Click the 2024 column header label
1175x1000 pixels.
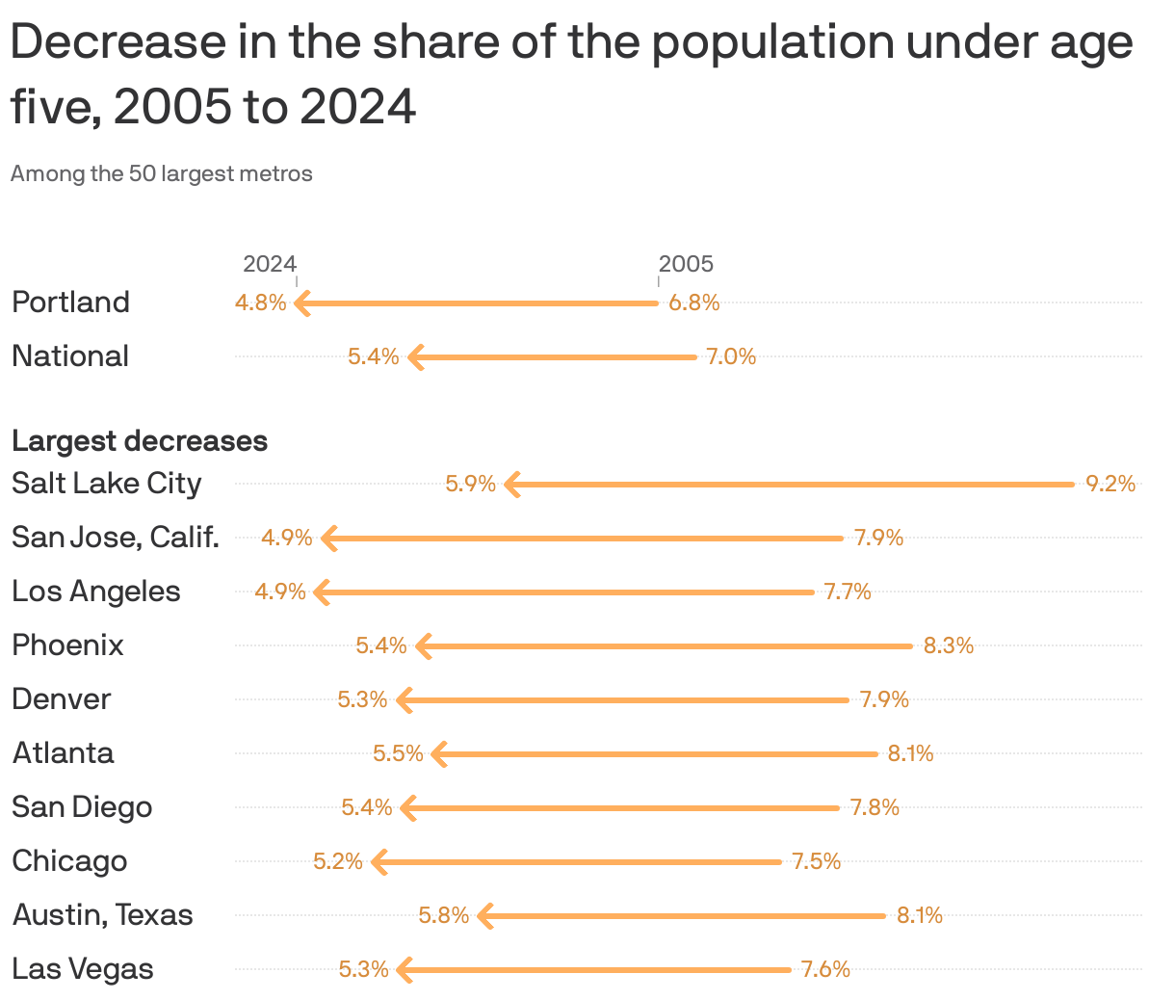click(x=270, y=264)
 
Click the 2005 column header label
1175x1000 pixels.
click(x=686, y=264)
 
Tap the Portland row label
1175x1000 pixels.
click(x=70, y=303)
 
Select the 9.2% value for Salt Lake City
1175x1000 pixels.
click(x=1110, y=484)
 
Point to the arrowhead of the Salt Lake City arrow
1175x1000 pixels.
click(x=511, y=485)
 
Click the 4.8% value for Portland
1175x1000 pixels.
click(x=261, y=303)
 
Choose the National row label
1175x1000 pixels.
click(x=70, y=356)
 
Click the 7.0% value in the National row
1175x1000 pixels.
click(x=731, y=356)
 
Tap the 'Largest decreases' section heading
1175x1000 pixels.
click(x=140, y=441)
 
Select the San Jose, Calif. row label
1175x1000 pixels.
click(x=116, y=538)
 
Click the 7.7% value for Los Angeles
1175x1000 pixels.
click(x=847, y=592)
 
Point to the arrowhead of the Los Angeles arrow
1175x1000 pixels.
click(x=322, y=592)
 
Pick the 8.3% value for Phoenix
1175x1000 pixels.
click(x=949, y=645)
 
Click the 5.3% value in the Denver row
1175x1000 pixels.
click(x=362, y=699)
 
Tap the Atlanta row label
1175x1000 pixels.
click(x=64, y=753)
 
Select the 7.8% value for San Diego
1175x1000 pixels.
click(x=875, y=807)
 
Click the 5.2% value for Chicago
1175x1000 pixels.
click(x=338, y=861)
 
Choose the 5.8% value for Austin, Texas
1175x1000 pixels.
click(x=443, y=915)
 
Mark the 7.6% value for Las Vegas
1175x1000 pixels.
click(x=825, y=969)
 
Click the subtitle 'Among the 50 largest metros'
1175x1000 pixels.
click(x=162, y=174)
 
